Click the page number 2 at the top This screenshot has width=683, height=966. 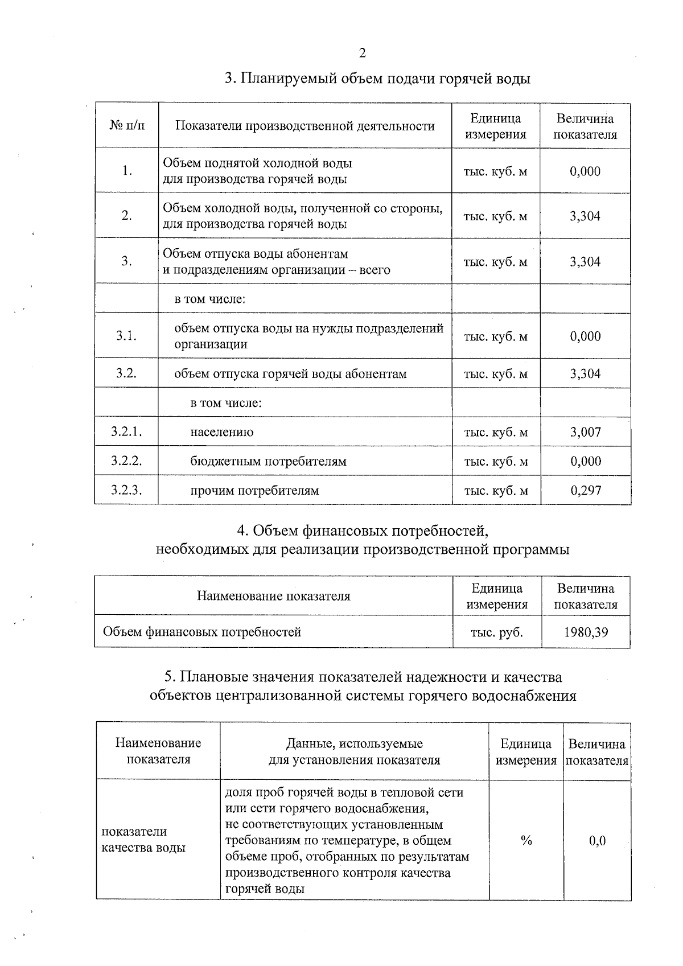point(362,54)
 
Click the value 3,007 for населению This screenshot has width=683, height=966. point(585,432)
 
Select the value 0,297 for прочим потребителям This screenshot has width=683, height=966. point(586,490)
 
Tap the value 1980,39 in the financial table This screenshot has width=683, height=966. point(586,632)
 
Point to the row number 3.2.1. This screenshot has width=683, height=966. point(126,432)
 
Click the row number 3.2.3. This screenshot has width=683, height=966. point(126,490)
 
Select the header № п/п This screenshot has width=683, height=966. point(127,126)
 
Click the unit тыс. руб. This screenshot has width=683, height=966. point(496,632)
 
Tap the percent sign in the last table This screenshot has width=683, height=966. point(526,840)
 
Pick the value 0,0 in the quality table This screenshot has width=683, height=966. point(597,840)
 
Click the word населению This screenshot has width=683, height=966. point(222,432)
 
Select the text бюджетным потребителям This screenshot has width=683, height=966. point(268,461)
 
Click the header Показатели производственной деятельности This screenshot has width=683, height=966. point(305,126)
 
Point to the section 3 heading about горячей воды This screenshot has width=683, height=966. point(377,79)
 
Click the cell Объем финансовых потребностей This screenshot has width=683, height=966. point(201,632)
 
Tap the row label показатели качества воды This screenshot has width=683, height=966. point(143,840)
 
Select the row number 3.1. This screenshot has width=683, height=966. point(126,336)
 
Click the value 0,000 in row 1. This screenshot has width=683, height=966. point(585,171)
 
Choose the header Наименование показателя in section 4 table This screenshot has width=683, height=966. point(273,596)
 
